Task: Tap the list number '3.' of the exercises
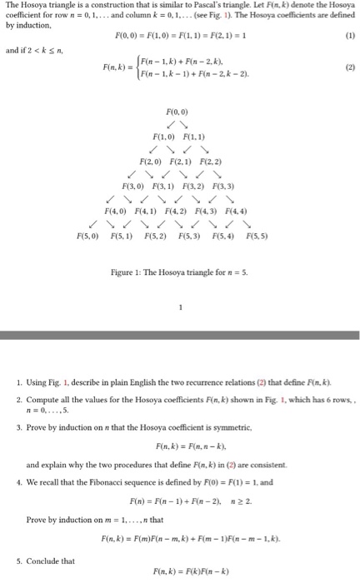(x=18, y=427)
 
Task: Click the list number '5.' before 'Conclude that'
(x=18, y=561)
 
